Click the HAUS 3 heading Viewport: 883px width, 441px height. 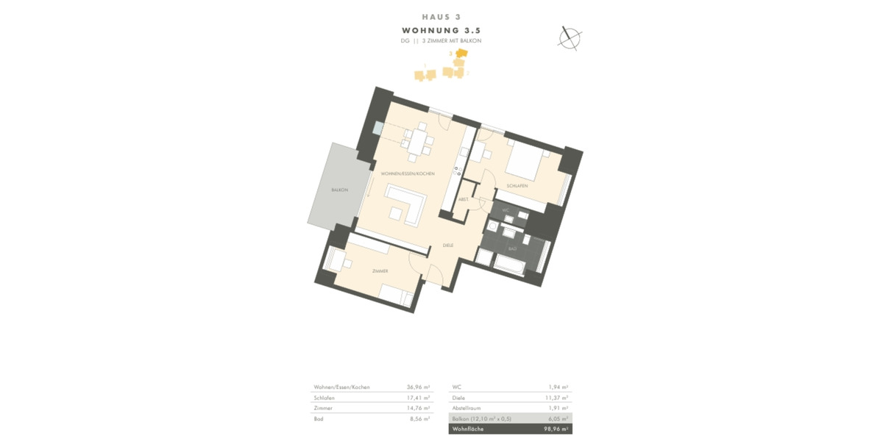tap(441, 16)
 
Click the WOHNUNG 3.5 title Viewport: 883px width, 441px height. tap(441, 30)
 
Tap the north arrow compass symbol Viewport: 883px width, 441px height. tap(569, 37)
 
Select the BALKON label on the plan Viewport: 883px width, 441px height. tap(339, 190)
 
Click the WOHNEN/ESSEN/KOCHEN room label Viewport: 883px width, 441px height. tap(407, 173)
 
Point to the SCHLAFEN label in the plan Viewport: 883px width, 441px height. tap(517, 186)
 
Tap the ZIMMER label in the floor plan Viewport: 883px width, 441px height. tap(380, 271)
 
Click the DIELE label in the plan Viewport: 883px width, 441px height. tap(447, 245)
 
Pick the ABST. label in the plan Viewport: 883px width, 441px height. tap(464, 199)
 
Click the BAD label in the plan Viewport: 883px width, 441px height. tap(512, 249)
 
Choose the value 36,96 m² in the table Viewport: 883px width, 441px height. tap(418, 387)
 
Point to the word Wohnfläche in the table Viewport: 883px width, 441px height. tap(468, 429)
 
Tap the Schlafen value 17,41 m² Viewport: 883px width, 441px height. tap(418, 398)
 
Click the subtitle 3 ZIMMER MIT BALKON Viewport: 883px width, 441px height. tap(451, 41)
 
